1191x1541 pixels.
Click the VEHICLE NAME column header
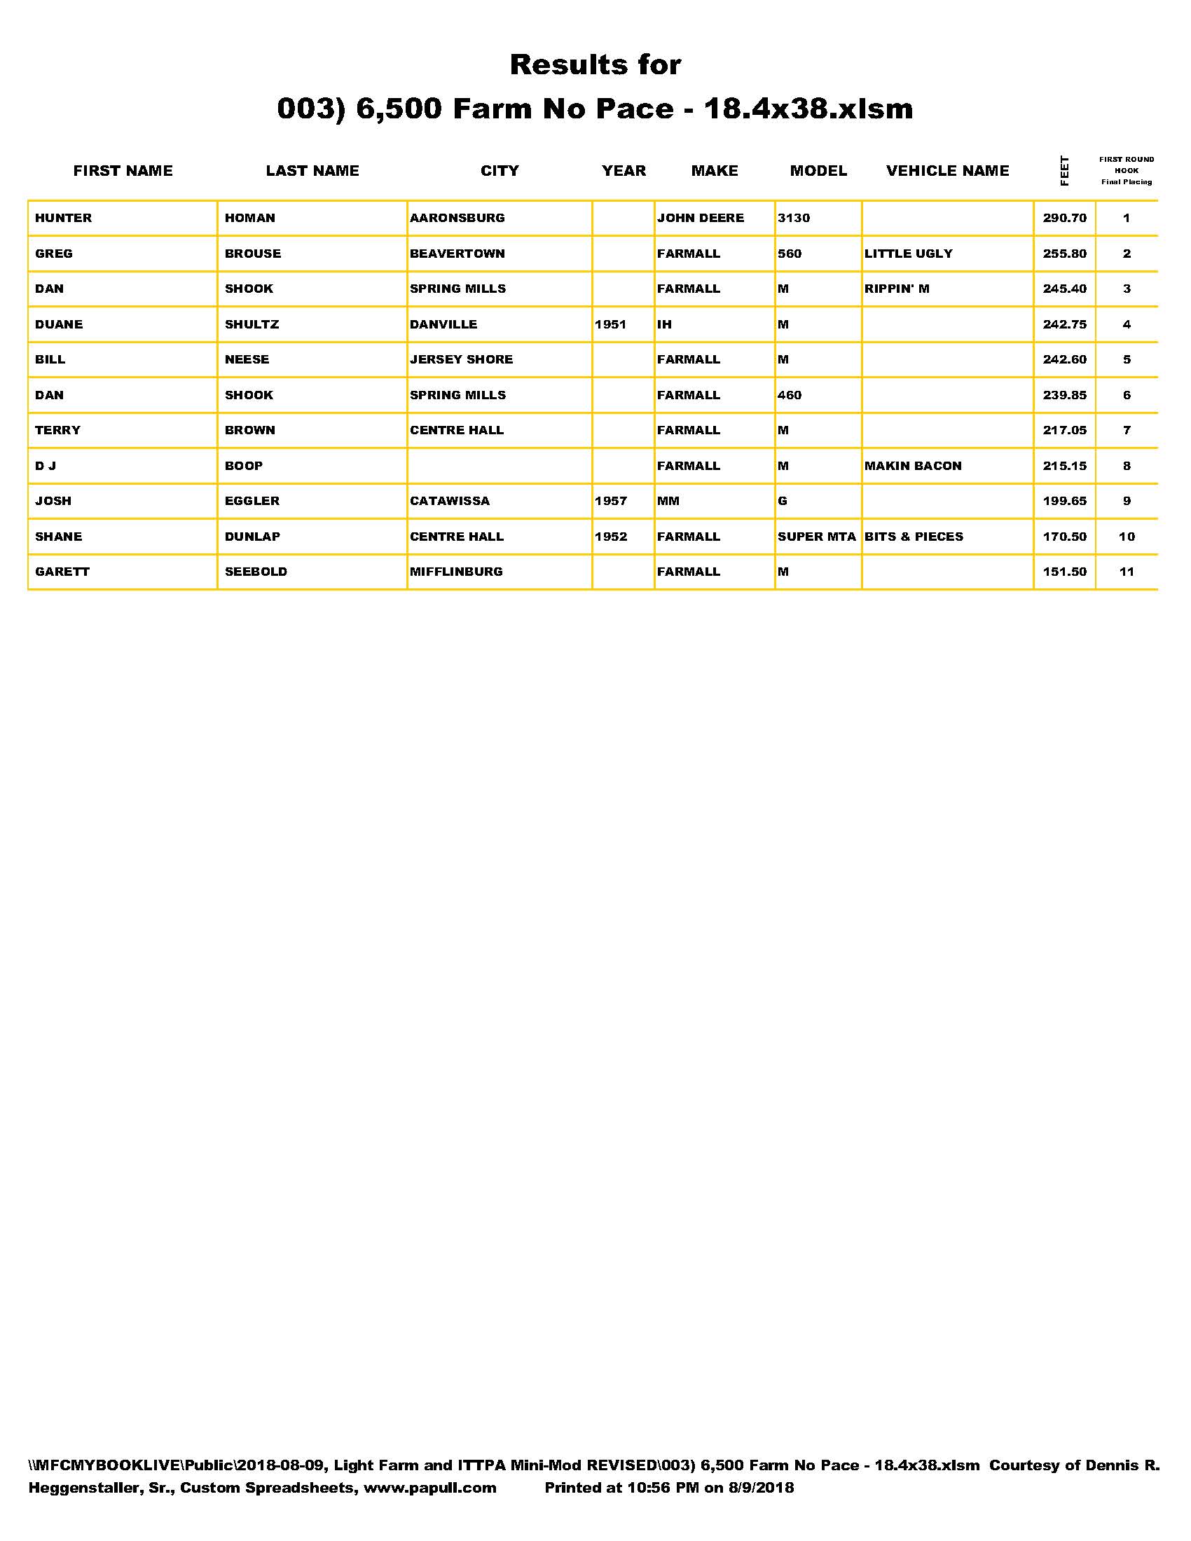tap(947, 171)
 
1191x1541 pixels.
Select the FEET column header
tap(1064, 171)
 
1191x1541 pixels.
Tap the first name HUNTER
tap(64, 218)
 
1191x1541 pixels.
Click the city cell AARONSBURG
tap(457, 218)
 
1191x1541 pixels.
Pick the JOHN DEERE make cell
tap(700, 218)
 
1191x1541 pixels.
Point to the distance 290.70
tap(1064, 218)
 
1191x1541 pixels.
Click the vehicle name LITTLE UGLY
tap(908, 254)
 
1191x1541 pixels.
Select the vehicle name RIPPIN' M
tap(897, 289)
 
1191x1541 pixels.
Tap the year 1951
tap(610, 324)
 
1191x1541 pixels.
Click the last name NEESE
tap(247, 359)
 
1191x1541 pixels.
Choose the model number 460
tap(790, 395)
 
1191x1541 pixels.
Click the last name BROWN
tap(250, 430)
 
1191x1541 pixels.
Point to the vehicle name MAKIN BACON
tap(913, 466)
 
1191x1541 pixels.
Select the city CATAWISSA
tap(450, 501)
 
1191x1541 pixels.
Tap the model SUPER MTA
tap(816, 537)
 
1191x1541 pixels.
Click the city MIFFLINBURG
tap(457, 572)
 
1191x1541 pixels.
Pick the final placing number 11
tap(1126, 572)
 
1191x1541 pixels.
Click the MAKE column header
tap(714, 171)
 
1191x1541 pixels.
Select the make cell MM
tap(668, 501)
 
